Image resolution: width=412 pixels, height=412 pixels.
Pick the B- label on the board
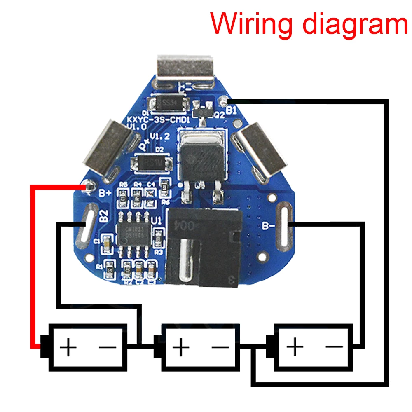[x=269, y=225]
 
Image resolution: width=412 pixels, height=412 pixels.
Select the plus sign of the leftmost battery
[x=68, y=348]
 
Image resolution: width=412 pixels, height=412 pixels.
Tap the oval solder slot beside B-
[x=284, y=224]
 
